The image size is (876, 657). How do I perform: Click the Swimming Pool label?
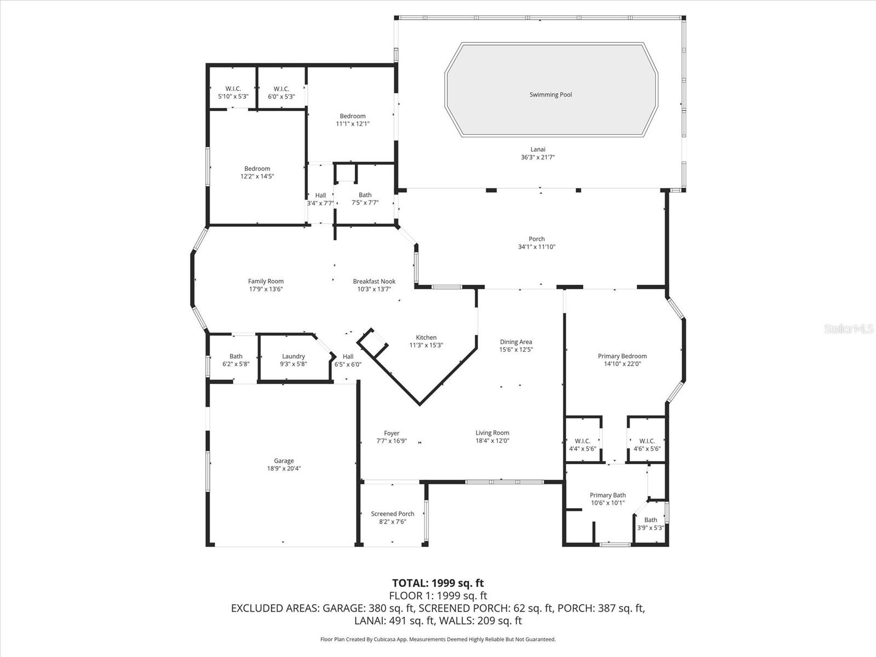pos(550,95)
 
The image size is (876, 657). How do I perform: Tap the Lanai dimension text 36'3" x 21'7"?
pos(538,158)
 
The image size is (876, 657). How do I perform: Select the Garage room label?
pos(284,461)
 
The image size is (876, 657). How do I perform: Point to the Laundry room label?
pos(293,356)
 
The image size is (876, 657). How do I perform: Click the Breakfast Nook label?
pos(374,281)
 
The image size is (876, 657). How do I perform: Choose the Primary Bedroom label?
pos(622,356)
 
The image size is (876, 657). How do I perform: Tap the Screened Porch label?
pos(393,514)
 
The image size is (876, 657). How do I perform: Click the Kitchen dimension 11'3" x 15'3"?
pos(426,345)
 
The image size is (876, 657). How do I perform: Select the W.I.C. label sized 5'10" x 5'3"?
pos(233,89)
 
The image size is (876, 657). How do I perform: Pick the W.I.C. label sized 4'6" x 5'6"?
pos(647,441)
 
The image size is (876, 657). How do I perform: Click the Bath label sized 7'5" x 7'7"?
pos(365,195)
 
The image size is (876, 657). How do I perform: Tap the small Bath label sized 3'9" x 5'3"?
pos(650,520)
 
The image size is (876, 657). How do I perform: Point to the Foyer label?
pos(391,433)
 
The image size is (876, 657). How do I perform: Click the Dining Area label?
pos(516,342)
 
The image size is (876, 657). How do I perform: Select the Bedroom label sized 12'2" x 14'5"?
pos(257,169)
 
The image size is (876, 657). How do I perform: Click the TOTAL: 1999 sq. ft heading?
pos(438,583)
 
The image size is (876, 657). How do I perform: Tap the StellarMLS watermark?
pos(849,329)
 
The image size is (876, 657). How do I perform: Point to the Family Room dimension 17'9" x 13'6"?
pos(266,289)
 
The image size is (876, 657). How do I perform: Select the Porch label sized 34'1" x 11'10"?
pos(537,239)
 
